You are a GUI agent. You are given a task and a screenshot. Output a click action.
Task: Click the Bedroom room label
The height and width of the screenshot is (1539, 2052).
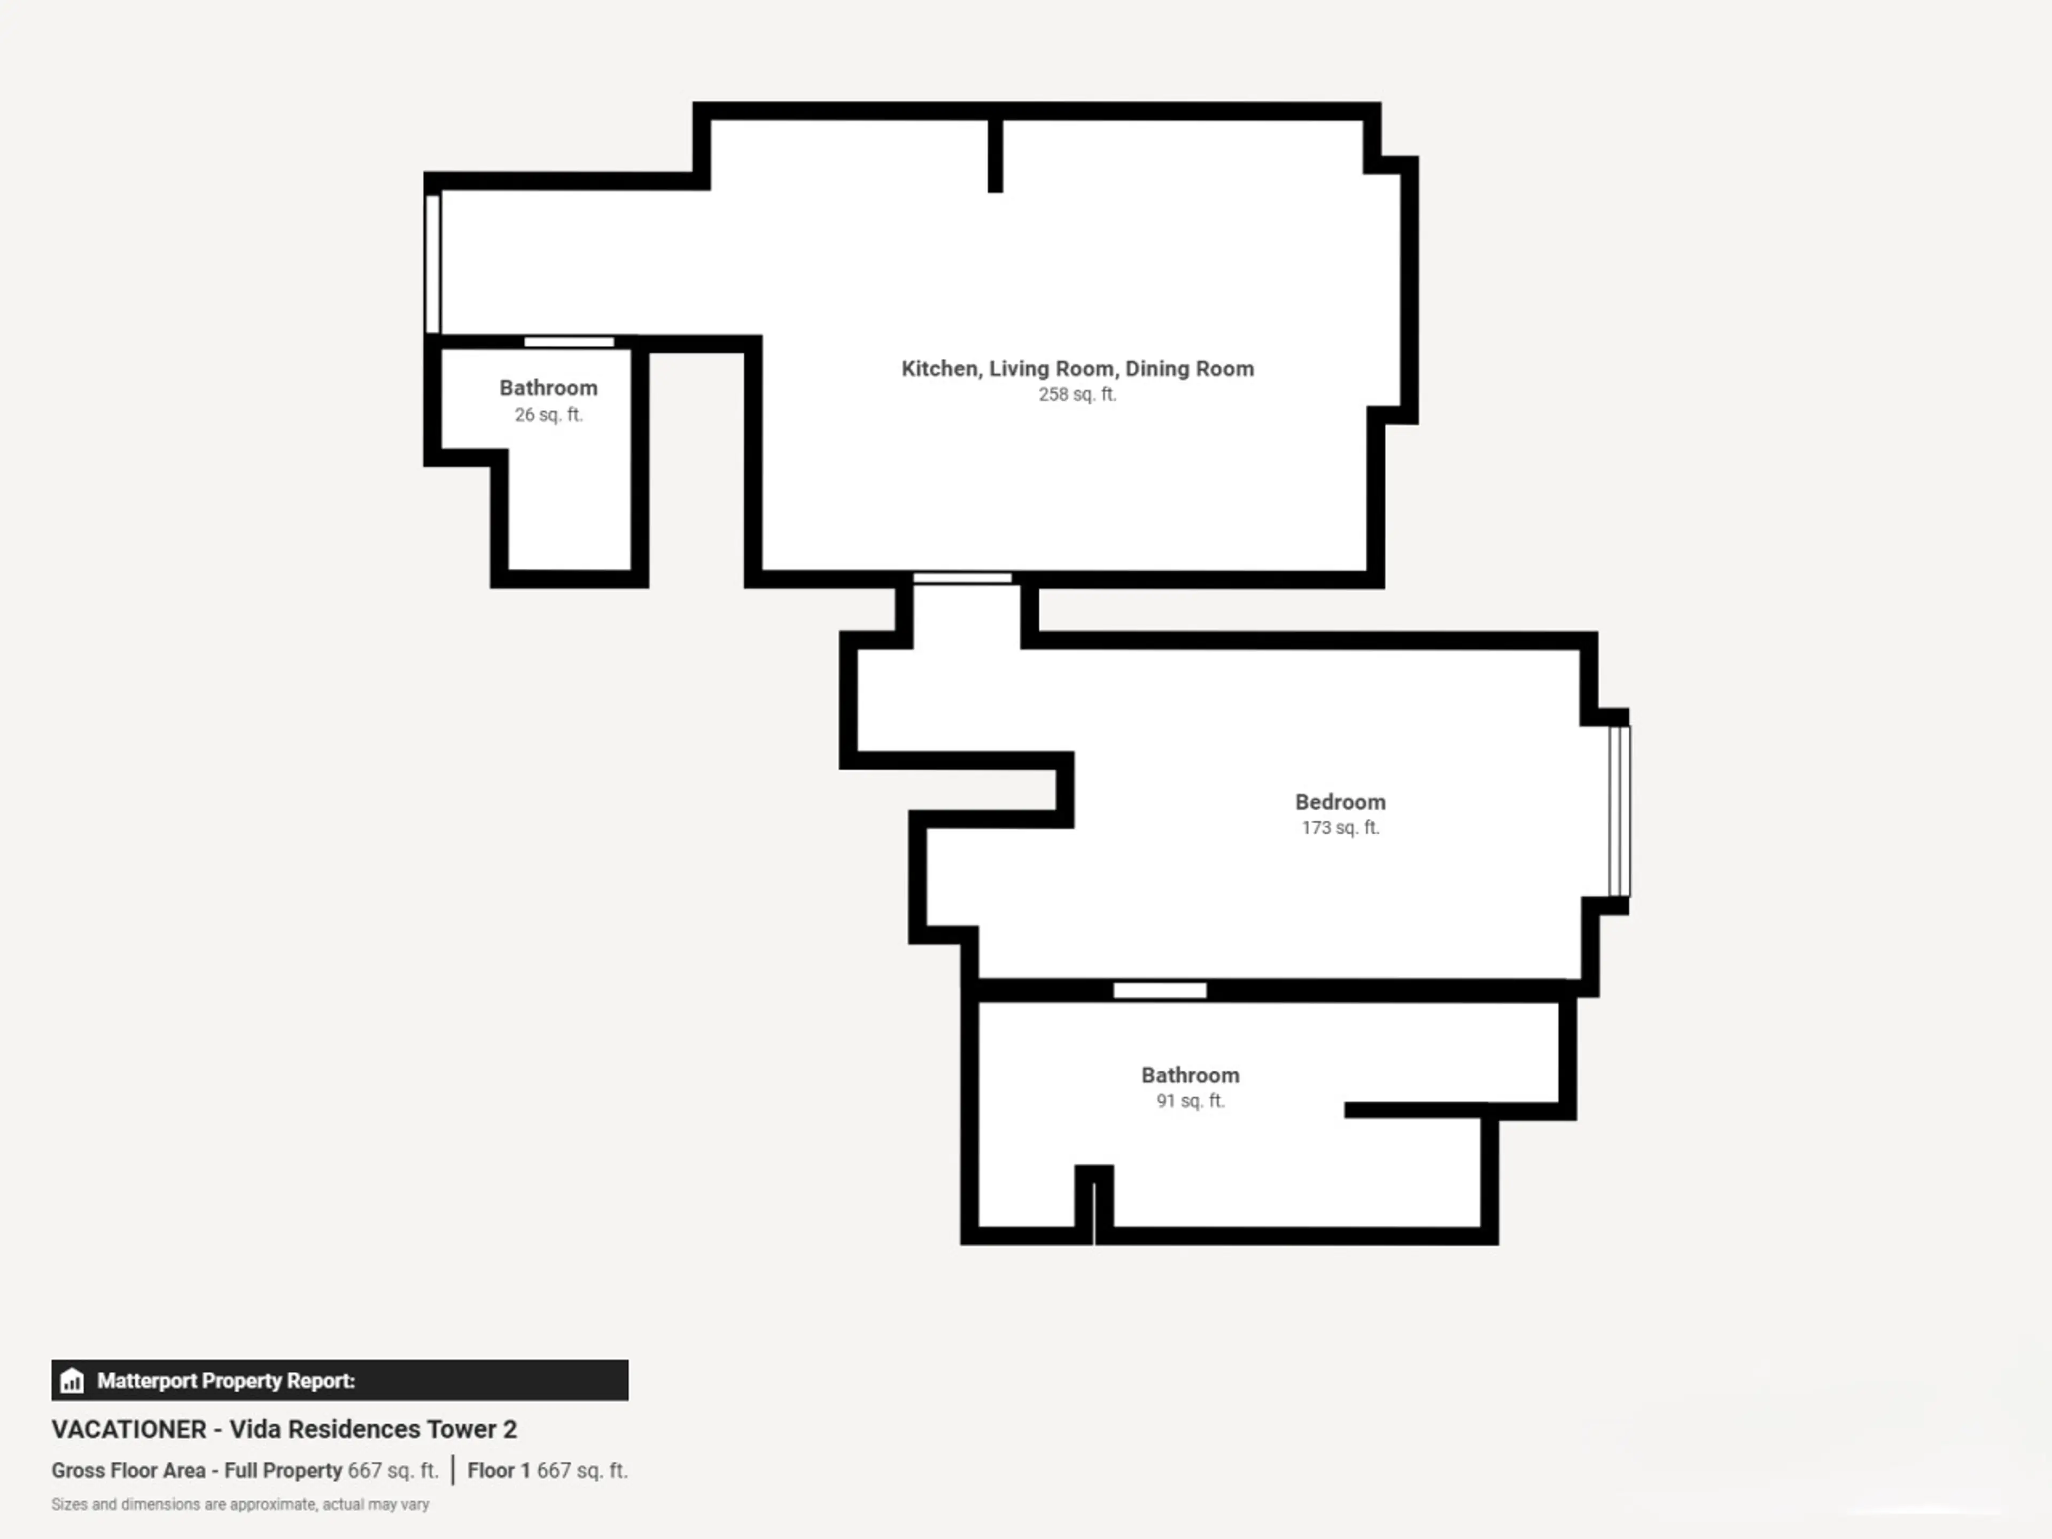coord(1340,802)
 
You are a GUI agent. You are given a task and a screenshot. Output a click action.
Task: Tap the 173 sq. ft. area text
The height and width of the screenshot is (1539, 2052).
coord(1340,827)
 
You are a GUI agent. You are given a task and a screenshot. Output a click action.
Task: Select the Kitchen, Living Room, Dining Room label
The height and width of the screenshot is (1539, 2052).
coord(1077,368)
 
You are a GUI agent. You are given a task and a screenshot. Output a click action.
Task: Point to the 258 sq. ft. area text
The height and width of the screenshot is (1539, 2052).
coord(1077,394)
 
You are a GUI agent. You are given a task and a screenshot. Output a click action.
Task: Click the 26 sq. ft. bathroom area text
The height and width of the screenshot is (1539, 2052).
coord(548,415)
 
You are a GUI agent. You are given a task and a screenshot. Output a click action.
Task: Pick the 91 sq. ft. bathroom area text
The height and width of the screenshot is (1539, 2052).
coord(1190,1101)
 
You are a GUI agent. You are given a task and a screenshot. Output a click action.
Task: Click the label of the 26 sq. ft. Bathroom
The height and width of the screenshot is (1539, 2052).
coord(548,388)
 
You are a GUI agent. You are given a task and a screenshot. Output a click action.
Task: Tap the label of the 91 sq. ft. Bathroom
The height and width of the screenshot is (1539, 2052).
coord(1190,1075)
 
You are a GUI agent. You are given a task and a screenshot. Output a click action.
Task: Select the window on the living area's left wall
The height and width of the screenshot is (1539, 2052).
coord(432,263)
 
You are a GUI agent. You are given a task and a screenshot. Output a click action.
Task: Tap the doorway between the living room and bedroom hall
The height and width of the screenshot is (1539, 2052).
coord(962,578)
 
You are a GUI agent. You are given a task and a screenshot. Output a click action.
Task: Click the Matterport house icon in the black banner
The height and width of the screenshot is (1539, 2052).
coord(72,1380)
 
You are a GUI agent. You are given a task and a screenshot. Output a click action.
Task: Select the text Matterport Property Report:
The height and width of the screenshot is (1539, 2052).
coord(226,1380)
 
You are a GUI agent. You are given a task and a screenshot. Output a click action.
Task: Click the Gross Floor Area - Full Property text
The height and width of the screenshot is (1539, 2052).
coord(197,1471)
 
